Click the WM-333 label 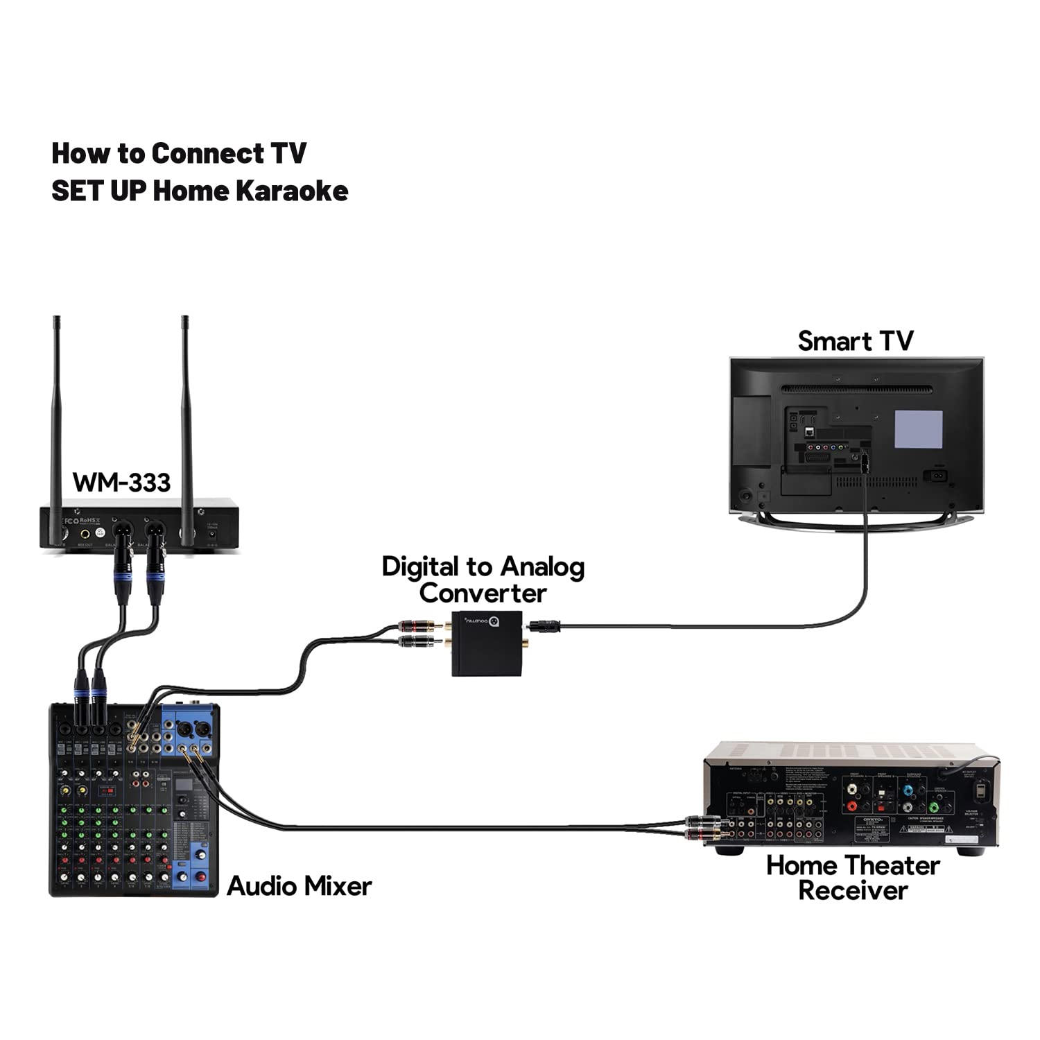121,482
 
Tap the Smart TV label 855,341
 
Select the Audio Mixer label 299,886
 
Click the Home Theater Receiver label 853,878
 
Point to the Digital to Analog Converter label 483,580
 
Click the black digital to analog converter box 487,643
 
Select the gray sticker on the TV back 918,429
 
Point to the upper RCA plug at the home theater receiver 704,822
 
